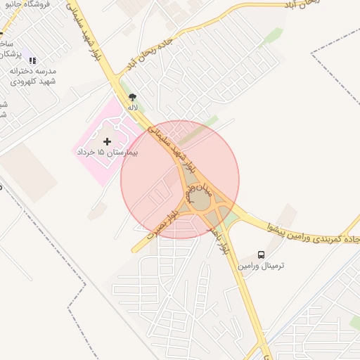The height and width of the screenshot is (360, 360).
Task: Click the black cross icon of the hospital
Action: click(107, 141)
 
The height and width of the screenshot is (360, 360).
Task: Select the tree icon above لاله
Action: click(132, 97)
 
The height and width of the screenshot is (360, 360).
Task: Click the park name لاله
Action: click(132, 108)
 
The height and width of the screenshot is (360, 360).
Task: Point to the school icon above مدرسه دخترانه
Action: click(32, 60)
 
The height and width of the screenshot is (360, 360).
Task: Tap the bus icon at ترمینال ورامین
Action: click(262, 255)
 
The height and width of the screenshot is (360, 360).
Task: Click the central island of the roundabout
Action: click(200, 200)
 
